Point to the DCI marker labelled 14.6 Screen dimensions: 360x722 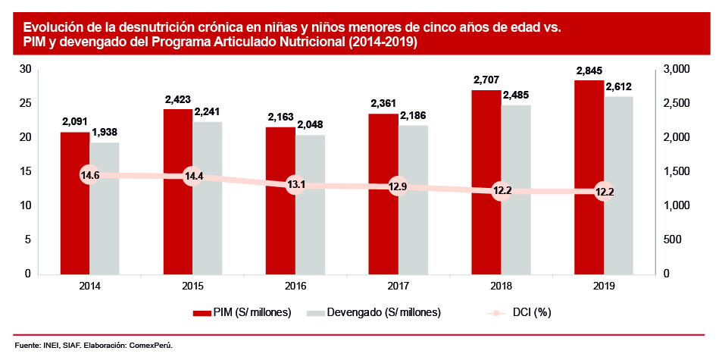click(x=90, y=175)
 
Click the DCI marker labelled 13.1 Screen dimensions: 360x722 click(x=295, y=185)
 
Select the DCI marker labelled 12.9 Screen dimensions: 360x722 click(x=399, y=186)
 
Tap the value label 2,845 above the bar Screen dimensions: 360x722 click(x=589, y=71)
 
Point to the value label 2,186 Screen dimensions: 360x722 click(x=413, y=115)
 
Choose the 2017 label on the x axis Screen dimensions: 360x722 click(x=399, y=286)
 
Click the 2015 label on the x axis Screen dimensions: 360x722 click(x=192, y=286)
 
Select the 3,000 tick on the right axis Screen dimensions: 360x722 click(x=676, y=69)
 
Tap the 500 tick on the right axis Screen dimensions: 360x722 click(x=672, y=239)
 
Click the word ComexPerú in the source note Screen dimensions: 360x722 click(x=151, y=346)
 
